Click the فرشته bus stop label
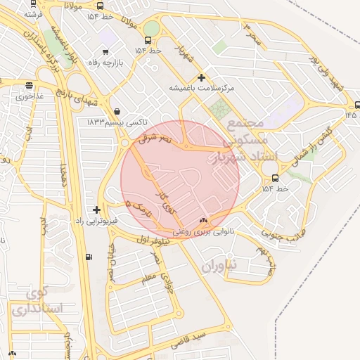(34, 13)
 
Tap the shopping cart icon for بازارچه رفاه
(105, 51)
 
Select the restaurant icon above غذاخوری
(29, 86)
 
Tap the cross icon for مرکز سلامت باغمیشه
(202, 77)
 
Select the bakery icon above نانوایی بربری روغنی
(205, 220)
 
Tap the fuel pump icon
(87, 257)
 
